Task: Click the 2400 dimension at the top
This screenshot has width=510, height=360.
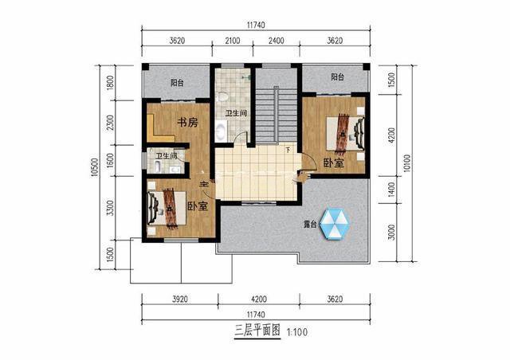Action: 276,41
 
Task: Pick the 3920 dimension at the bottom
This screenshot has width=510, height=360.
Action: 182,302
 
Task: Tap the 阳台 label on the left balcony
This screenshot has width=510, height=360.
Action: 178,82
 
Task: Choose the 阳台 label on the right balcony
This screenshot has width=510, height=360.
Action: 337,77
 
